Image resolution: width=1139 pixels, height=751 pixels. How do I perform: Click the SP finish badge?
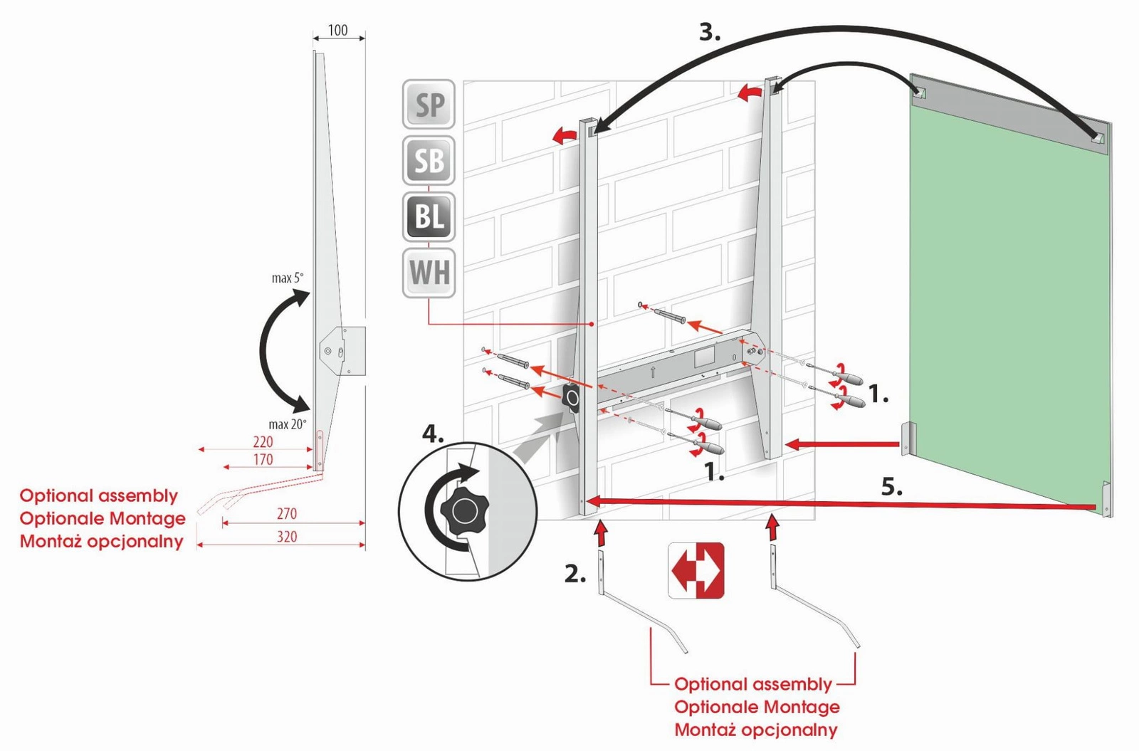click(429, 105)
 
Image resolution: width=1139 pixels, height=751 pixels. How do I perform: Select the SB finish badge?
click(429, 161)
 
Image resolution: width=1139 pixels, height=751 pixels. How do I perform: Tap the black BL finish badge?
click(429, 216)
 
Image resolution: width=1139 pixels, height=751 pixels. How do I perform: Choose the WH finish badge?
click(429, 273)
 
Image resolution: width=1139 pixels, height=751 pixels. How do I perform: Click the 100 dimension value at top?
click(337, 31)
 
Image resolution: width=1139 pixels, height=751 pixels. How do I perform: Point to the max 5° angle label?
click(287, 278)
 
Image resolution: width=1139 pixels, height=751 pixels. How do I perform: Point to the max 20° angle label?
click(287, 424)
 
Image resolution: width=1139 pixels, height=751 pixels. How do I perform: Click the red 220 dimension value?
click(263, 442)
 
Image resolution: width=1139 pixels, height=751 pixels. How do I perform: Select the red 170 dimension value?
click(263, 460)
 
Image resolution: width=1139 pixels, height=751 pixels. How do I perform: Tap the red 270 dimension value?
click(287, 514)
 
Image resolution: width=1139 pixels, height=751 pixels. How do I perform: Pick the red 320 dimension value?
click(287, 537)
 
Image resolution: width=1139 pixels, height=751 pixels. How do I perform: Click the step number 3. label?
click(710, 32)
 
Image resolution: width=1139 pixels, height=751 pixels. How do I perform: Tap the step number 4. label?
click(433, 434)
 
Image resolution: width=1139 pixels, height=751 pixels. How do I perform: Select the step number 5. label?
click(892, 488)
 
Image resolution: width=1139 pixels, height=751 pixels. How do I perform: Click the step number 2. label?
click(575, 574)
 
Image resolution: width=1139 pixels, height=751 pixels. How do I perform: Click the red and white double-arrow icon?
click(696, 570)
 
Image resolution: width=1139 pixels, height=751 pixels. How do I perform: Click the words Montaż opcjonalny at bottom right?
click(755, 730)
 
